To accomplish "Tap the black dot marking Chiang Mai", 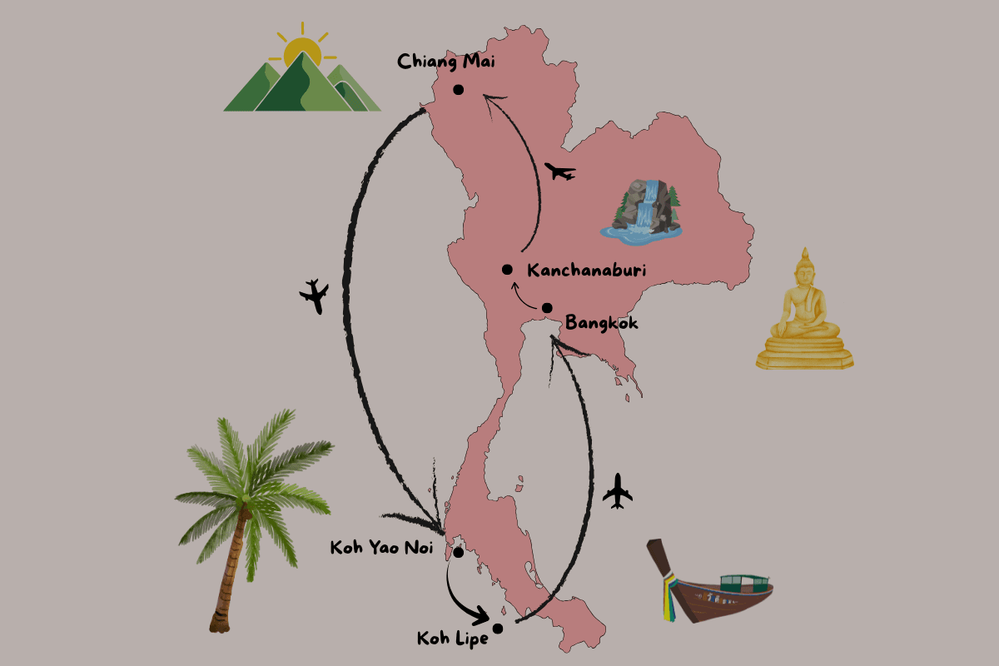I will click(x=458, y=90).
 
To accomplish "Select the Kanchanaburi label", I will click(x=587, y=270).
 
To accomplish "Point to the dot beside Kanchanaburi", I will click(x=507, y=269).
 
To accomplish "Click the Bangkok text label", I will click(x=601, y=322).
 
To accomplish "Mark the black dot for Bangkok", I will click(x=547, y=308).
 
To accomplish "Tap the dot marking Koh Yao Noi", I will click(x=458, y=552).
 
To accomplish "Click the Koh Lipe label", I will click(x=452, y=639).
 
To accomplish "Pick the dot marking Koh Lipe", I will click(x=498, y=629).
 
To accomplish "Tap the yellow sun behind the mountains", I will click(x=301, y=52).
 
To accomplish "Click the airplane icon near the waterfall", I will click(x=559, y=172).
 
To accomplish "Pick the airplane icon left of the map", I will click(x=315, y=296).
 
